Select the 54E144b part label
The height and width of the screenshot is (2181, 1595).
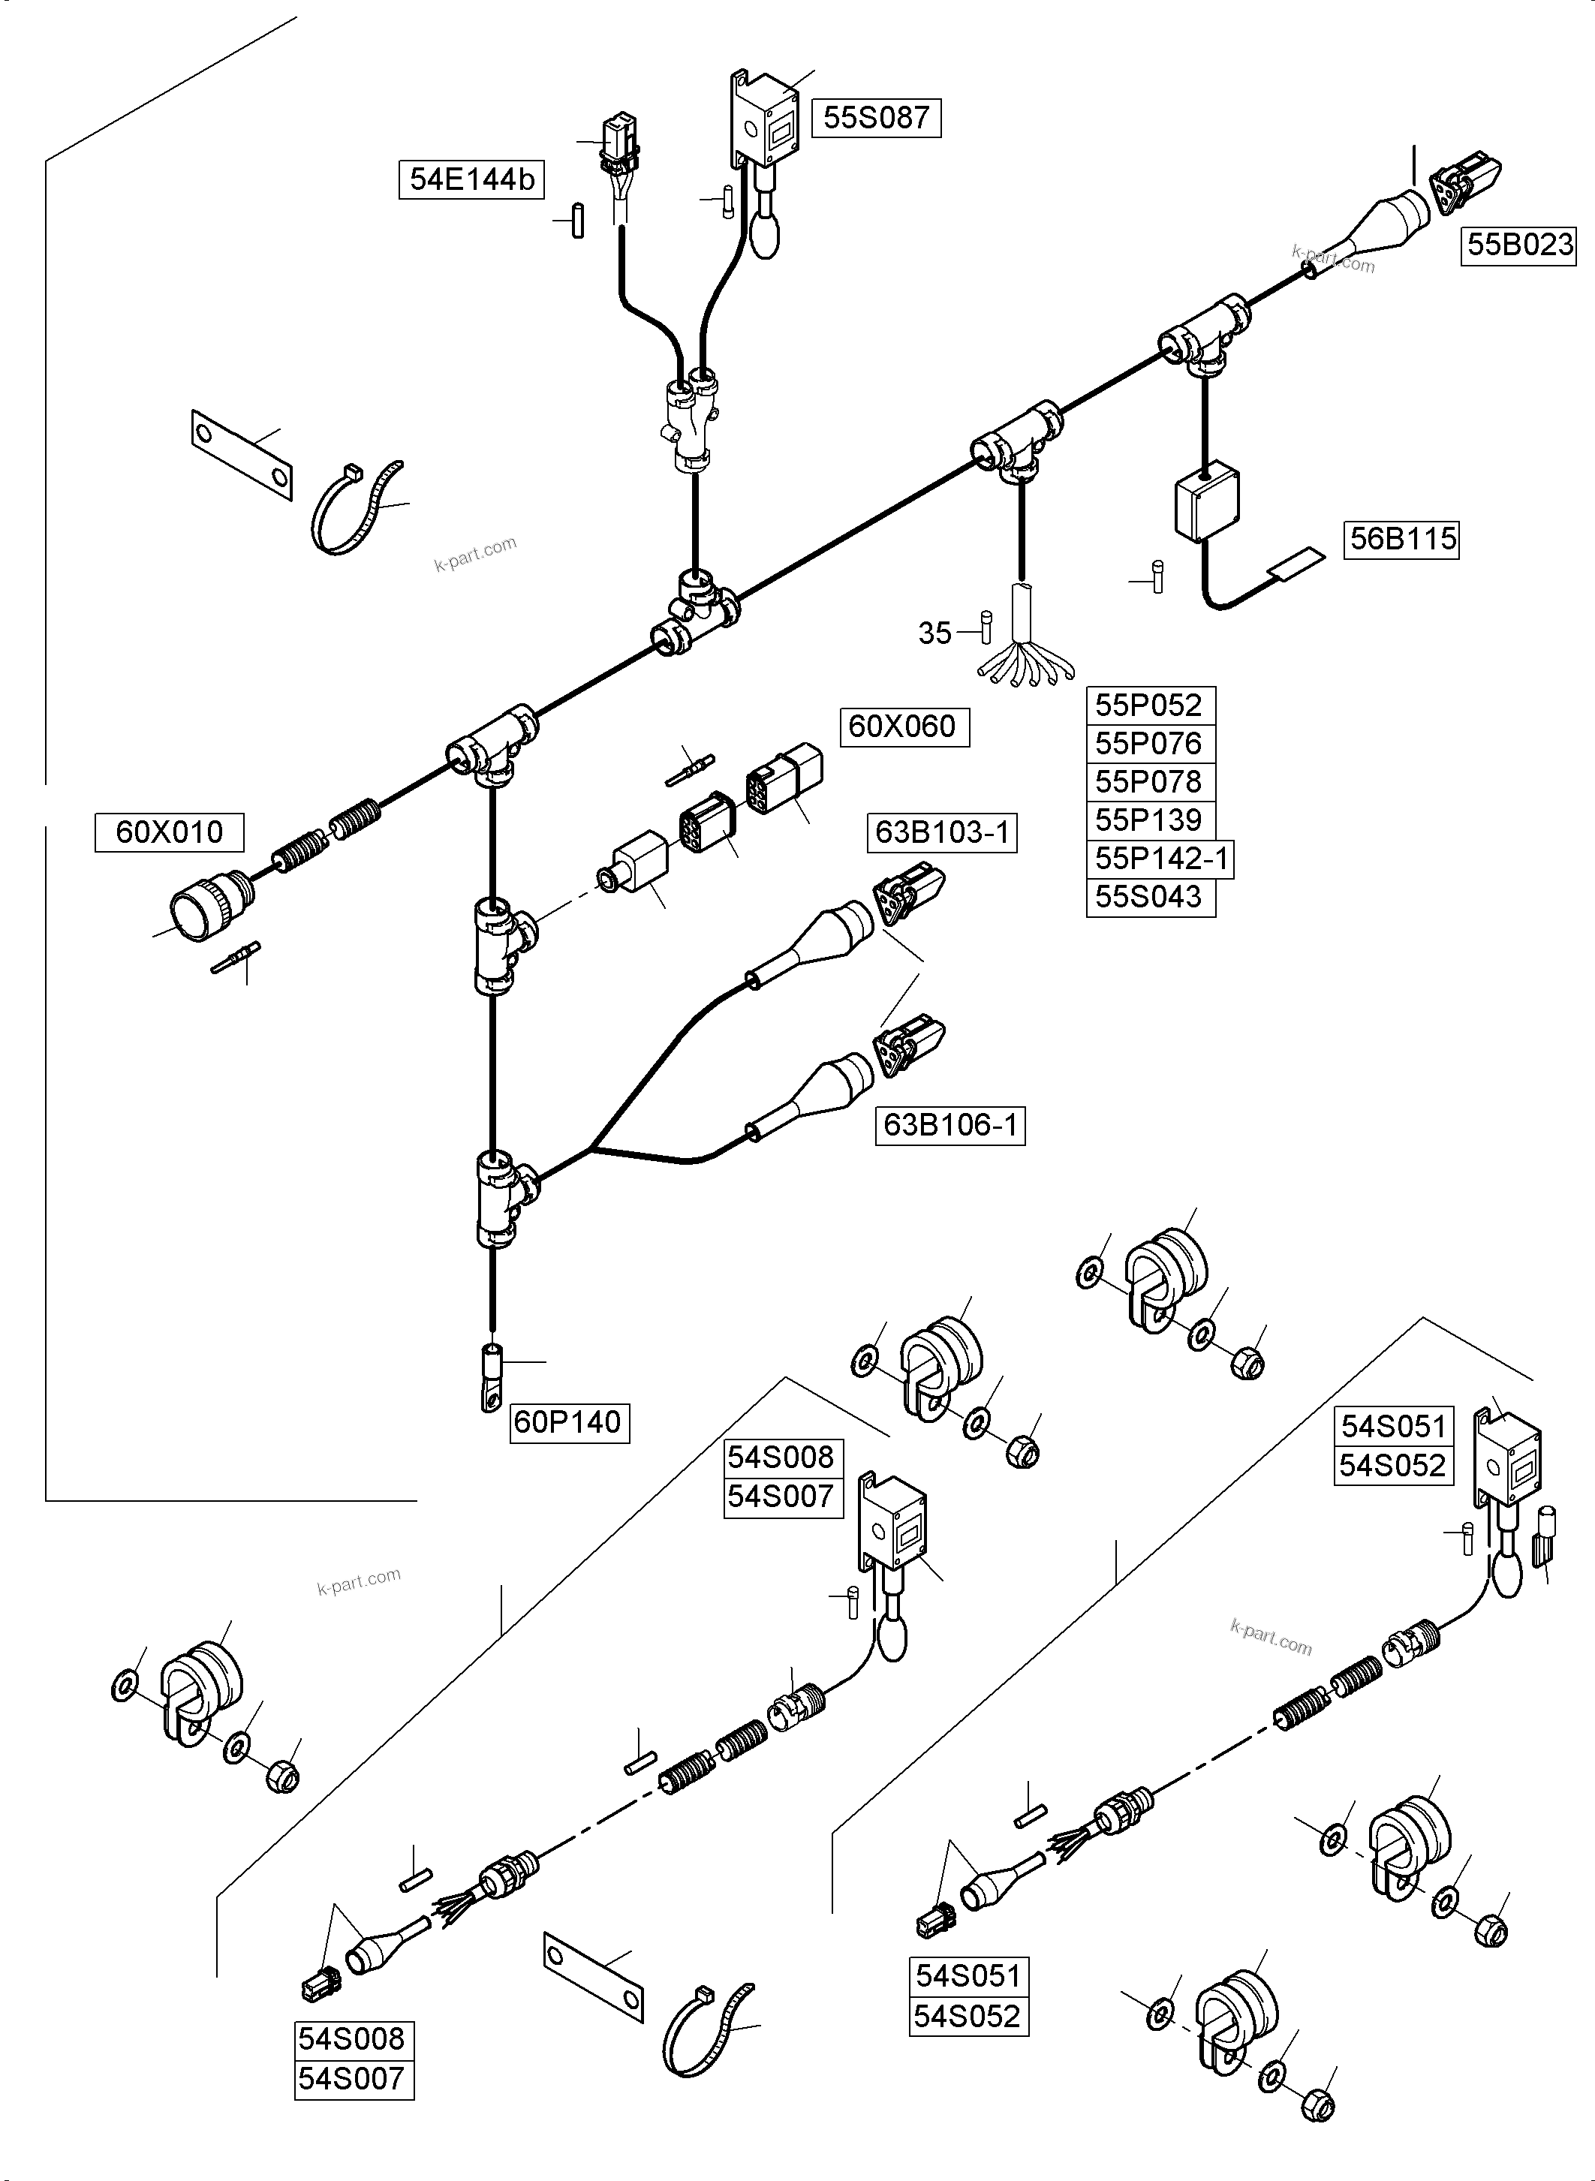coord(471,179)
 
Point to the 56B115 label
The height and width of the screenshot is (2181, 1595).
coord(1402,539)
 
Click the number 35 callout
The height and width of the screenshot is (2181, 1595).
coord(934,633)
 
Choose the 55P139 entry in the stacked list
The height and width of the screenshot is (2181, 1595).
coord(1148,820)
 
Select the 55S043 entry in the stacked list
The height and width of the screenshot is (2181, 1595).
coord(1148,897)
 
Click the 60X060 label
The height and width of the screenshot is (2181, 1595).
coord(901,726)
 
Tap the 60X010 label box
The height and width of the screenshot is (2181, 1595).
coord(169,832)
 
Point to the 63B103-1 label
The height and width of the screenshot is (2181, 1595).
coord(941,832)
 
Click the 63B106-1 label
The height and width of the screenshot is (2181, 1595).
coord(950,1126)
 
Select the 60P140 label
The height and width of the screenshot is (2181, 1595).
coord(569,1422)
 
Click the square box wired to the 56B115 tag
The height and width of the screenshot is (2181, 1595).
coord(1207,503)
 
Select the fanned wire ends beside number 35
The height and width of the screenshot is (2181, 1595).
coord(1025,667)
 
